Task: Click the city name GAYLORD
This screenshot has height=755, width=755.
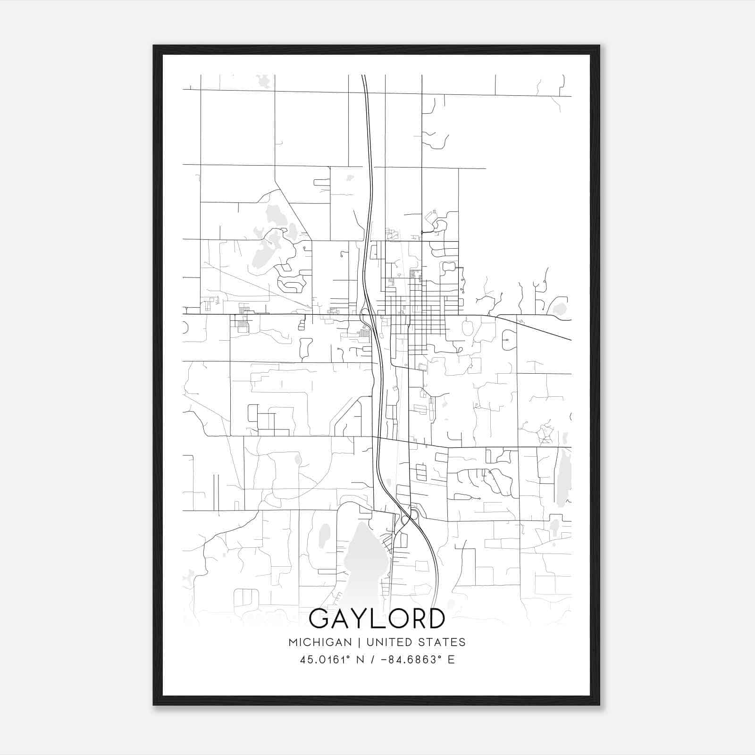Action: point(377,619)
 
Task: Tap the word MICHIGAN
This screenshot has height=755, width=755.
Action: point(320,642)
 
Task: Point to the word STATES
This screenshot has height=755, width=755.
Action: point(442,642)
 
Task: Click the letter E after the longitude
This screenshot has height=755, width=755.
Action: point(452,660)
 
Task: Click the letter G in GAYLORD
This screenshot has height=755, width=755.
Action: point(319,619)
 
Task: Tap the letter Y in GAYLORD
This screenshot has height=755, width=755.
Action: point(362,619)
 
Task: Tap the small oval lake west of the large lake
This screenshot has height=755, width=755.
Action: point(324,535)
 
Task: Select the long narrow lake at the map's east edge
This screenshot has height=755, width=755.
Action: point(563,477)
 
